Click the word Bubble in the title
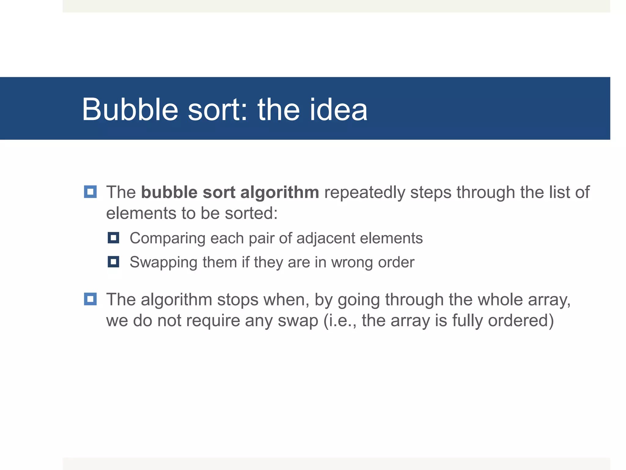coord(130,110)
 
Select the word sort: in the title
coord(217,110)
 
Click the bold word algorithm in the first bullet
coord(280,192)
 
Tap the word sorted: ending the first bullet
coord(251,213)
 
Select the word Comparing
coord(167,238)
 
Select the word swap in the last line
coord(298,321)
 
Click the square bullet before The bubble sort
coord(90,192)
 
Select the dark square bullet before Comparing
coord(113,238)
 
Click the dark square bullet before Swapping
coord(113,262)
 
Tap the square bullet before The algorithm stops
coord(90,299)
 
